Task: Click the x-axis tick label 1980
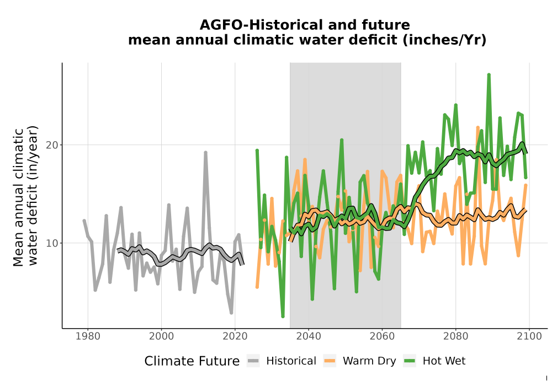click(88, 336)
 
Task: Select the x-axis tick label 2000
click(161, 336)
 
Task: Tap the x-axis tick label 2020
click(235, 336)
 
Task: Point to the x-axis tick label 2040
click(309, 336)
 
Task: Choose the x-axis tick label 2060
click(382, 336)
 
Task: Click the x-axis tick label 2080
click(455, 336)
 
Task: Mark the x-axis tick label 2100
click(529, 336)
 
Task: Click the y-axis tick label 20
click(52, 145)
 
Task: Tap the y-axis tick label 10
click(52, 243)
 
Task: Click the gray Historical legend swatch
click(253, 361)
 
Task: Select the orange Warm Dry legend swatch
click(330, 361)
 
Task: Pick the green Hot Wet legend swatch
click(410, 361)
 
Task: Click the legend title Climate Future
click(192, 361)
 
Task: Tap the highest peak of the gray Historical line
click(205, 152)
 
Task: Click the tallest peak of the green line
click(489, 74)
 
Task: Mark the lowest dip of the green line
click(283, 317)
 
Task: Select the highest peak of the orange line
click(477, 127)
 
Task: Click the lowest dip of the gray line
click(231, 312)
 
